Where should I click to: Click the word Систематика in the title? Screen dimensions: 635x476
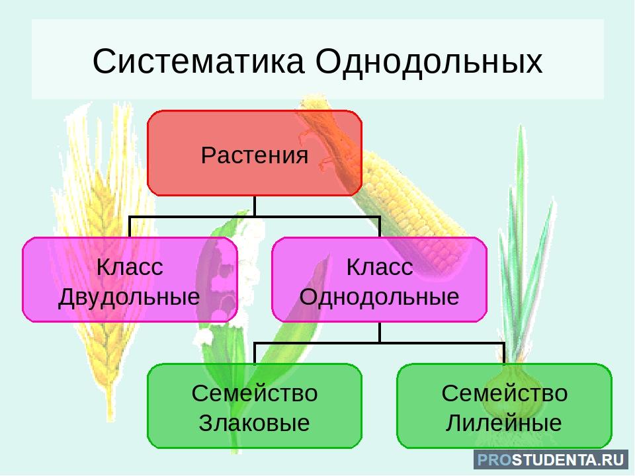[198, 61]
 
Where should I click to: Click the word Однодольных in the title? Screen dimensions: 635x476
[429, 61]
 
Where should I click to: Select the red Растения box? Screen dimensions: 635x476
[254, 153]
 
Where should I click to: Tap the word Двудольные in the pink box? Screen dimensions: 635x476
[129, 297]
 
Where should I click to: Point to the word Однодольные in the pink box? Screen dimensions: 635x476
[379, 297]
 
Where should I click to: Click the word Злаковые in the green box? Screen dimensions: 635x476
[254, 422]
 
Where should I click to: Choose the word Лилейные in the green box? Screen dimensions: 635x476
[504, 422]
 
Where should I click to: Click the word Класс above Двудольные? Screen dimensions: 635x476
[130, 267]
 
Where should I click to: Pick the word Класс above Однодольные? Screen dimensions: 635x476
[380, 267]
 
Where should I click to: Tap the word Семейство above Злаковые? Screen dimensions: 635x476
[254, 393]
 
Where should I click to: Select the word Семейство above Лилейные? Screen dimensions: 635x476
[504, 393]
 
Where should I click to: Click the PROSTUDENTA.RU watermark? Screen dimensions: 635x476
[551, 460]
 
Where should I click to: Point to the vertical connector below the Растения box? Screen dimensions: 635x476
[254, 206]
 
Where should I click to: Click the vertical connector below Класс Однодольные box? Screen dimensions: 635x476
[380, 333]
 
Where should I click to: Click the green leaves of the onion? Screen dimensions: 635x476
[523, 243]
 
